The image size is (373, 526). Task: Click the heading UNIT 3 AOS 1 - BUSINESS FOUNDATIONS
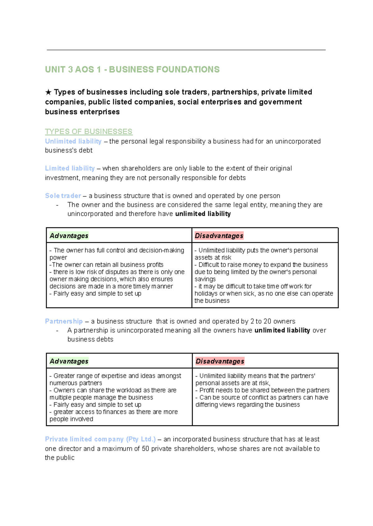(x=132, y=70)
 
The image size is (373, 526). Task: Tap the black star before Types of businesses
(x=48, y=92)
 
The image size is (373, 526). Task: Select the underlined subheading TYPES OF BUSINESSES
(x=89, y=132)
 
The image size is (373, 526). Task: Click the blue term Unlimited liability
(x=73, y=141)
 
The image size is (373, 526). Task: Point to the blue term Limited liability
(x=70, y=168)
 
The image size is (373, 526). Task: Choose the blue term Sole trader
(x=63, y=196)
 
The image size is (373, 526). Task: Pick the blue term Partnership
(x=64, y=321)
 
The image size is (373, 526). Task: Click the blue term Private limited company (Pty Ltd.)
(x=100, y=439)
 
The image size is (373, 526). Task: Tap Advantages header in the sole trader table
(x=69, y=236)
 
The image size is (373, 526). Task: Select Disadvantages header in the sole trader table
(x=219, y=236)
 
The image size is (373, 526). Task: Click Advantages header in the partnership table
(x=69, y=361)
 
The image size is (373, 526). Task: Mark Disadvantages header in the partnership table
(x=220, y=361)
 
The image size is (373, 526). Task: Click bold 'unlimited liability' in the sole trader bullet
(x=203, y=214)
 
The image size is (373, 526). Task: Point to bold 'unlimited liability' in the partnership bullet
(x=282, y=330)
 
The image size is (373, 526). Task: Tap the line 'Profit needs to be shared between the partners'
(x=263, y=390)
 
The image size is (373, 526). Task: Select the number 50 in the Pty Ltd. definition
(x=145, y=449)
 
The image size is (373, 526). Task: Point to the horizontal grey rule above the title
(x=186, y=50)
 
